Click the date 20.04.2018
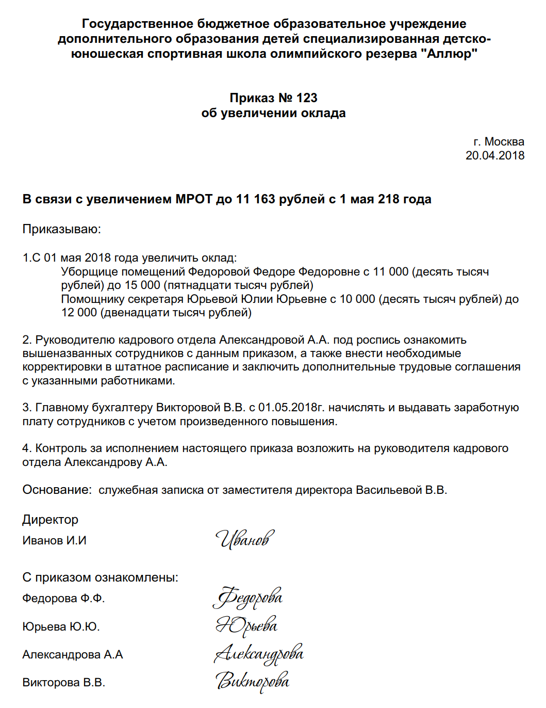[x=494, y=155]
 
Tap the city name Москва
[x=504, y=141]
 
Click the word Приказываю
[x=61, y=229]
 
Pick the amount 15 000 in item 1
[x=142, y=285]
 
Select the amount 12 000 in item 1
[x=79, y=312]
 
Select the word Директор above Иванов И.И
[x=50, y=520]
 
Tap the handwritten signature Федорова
[x=247, y=598]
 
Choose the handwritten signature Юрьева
[x=246, y=626]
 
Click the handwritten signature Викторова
[x=252, y=682]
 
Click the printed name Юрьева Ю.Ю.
[x=61, y=626]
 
